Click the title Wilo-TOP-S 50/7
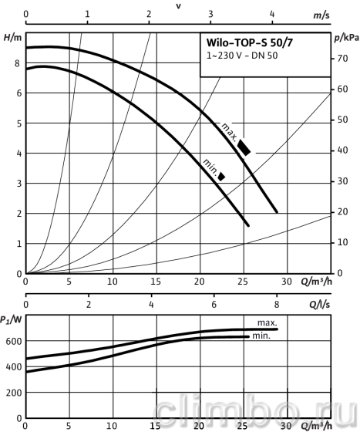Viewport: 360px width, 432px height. [x=250, y=42]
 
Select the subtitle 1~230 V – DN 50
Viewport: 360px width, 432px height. [x=242, y=56]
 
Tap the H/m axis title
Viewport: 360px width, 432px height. [x=12, y=38]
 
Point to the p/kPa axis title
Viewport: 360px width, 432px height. [x=346, y=39]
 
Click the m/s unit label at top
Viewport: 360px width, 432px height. [x=321, y=15]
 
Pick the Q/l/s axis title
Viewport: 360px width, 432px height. [x=320, y=304]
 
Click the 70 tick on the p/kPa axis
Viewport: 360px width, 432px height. [x=342, y=59]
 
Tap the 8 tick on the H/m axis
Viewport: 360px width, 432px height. [x=17, y=63]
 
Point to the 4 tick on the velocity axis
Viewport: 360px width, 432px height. [x=272, y=14]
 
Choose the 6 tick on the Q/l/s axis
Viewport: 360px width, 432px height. [x=214, y=305]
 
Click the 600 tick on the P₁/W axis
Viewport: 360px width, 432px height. [x=13, y=341]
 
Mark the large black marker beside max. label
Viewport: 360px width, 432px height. [x=244, y=147]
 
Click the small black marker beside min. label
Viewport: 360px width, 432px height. [x=221, y=177]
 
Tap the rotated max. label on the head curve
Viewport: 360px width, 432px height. [x=229, y=132]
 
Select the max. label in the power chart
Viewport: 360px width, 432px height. [x=267, y=322]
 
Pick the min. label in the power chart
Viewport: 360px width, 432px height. [x=261, y=336]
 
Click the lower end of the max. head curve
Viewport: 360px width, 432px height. [x=277, y=212]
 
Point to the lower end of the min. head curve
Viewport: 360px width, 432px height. [x=248, y=225]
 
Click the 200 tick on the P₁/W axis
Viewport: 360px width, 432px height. [x=13, y=393]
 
